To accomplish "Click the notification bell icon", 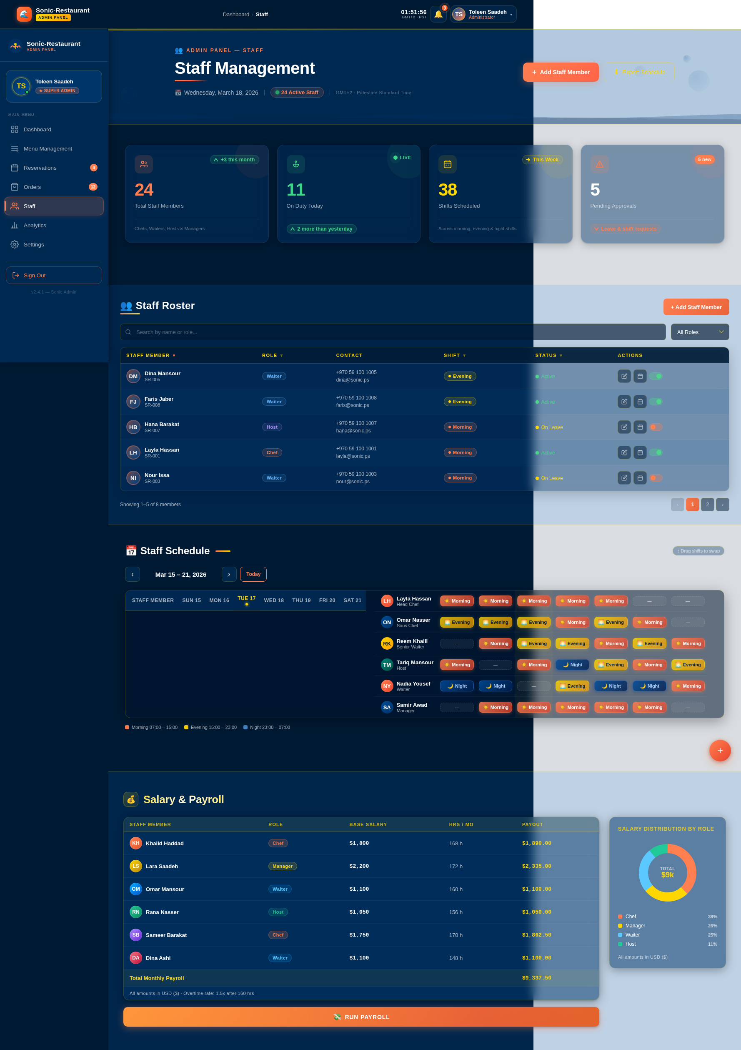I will [x=438, y=14].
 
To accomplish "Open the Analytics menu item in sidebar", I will [x=35, y=226].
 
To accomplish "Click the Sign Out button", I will [x=54, y=275].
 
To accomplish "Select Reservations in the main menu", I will [x=40, y=168].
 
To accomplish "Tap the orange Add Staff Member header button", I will [x=561, y=72].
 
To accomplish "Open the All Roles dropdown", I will [x=699, y=332].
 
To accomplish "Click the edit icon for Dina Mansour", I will [x=624, y=377].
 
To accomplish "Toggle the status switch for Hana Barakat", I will [x=656, y=427].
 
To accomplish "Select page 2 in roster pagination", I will [x=707, y=505].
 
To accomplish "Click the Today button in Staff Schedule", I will [x=253, y=574].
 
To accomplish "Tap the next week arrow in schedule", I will [x=229, y=574].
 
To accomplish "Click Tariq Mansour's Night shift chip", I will [x=572, y=665].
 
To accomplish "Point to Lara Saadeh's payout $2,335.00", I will [x=537, y=866].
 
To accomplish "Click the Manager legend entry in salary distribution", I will [x=635, y=926].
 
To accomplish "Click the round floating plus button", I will [x=719, y=751].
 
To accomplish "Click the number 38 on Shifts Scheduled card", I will [x=448, y=190].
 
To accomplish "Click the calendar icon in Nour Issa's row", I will [x=640, y=478].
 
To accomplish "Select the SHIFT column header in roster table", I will [x=454, y=355].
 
